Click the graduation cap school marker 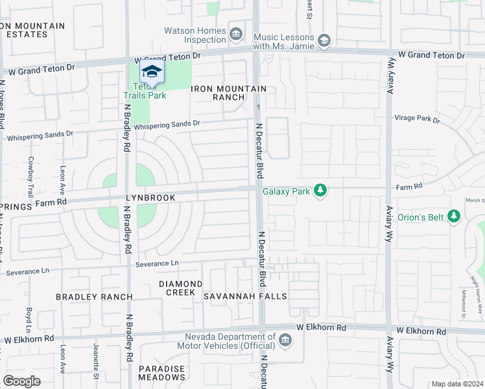pos(152,71)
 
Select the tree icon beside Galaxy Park pos(320,191)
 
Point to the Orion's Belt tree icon pos(455,217)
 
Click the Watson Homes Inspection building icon pos(236,32)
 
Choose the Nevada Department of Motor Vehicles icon pos(285,340)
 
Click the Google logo pos(22,381)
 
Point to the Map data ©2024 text pos(456,384)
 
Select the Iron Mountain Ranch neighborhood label pos(219,93)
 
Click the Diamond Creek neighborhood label pos(181,288)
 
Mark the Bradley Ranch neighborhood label pos(94,297)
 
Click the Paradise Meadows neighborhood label pos(161,373)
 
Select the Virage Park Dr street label pos(417,119)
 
